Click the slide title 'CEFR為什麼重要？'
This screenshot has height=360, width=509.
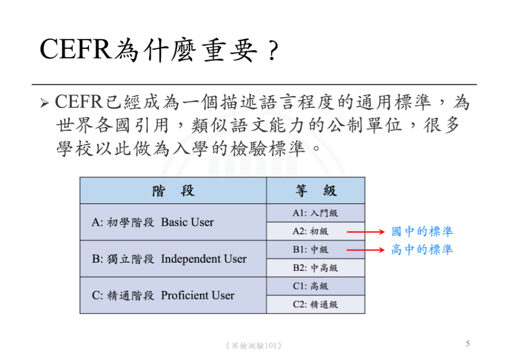click(x=159, y=50)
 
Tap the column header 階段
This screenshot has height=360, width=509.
click(x=173, y=191)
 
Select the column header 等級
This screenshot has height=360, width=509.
click(x=316, y=191)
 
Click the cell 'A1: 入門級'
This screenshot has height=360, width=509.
click(x=315, y=213)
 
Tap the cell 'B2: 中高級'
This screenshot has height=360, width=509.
click(x=315, y=268)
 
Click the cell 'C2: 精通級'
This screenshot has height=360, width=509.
click(x=315, y=305)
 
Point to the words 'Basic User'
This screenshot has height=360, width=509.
click(x=187, y=222)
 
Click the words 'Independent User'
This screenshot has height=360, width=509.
click(x=203, y=259)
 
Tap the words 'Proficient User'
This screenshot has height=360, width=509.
click(x=198, y=296)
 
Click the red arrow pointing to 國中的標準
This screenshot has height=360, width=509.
click(x=366, y=232)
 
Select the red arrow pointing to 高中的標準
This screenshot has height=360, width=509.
click(x=366, y=250)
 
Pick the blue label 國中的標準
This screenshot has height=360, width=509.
click(x=422, y=232)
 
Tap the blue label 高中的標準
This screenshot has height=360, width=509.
click(x=422, y=249)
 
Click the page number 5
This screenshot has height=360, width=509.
click(x=468, y=344)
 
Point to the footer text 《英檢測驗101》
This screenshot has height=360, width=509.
click(x=253, y=345)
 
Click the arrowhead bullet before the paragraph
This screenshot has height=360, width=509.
click(x=45, y=103)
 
